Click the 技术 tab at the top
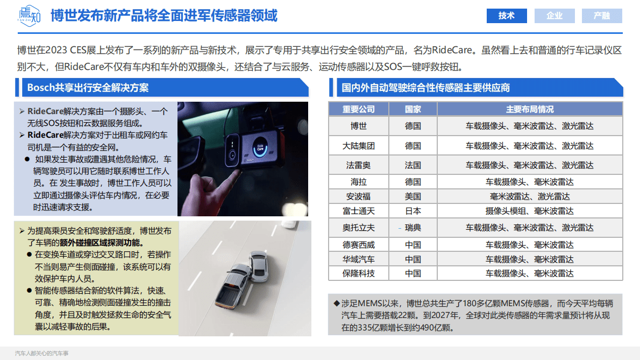507,16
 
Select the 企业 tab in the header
554,16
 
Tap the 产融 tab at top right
602,16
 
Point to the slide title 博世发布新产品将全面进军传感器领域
164,16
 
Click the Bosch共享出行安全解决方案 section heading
88,87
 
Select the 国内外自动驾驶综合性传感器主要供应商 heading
425,87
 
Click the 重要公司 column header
359,109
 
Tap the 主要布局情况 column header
529,109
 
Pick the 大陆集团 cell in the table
359,146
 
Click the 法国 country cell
413,165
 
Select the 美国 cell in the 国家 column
413,196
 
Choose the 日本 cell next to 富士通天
413,211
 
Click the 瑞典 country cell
413,228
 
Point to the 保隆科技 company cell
359,273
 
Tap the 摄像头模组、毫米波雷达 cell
529,211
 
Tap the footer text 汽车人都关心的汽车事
42,354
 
